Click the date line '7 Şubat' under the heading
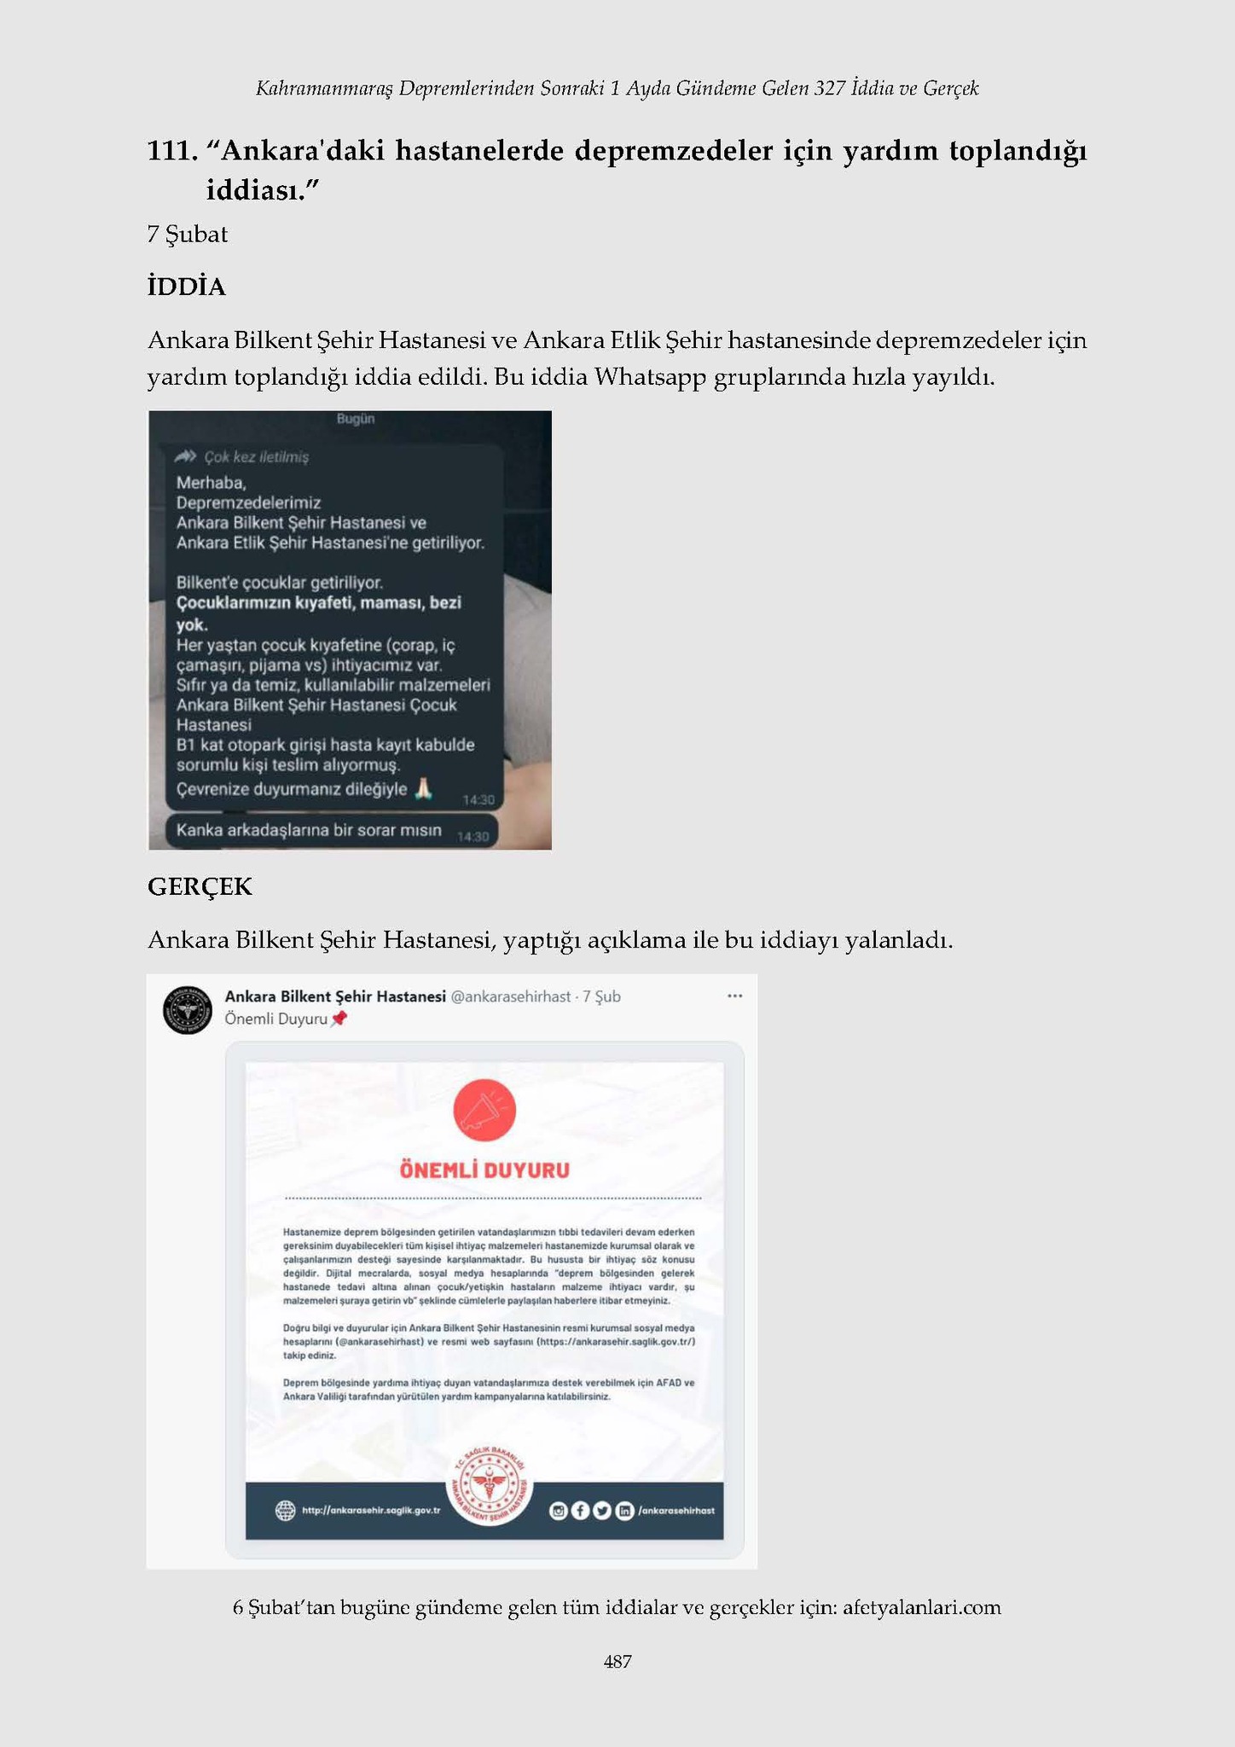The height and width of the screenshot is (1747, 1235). tap(187, 235)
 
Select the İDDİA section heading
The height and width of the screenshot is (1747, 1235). tap(187, 287)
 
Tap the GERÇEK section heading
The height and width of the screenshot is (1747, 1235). tap(200, 887)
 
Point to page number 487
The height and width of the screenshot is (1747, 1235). tap(617, 1662)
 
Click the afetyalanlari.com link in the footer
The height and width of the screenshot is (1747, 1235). tap(921, 1608)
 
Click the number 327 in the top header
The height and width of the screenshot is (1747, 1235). tap(829, 88)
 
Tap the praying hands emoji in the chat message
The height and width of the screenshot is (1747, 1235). tap(423, 789)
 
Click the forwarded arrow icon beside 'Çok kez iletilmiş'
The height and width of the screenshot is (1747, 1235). tap(185, 457)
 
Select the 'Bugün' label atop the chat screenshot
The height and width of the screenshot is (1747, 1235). tap(356, 419)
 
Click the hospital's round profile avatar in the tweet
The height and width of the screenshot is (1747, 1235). tap(188, 1010)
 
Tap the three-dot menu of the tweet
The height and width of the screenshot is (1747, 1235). tap(734, 996)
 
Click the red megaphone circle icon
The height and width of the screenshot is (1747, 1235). tap(484, 1111)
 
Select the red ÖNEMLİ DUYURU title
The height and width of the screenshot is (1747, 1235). tap(484, 1170)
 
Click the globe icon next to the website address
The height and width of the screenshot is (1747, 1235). tap(285, 1511)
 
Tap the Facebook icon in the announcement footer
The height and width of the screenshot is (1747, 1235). tap(580, 1512)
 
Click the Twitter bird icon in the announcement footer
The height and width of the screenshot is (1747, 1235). tap(602, 1512)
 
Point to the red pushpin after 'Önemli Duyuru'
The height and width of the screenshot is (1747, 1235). tap(339, 1019)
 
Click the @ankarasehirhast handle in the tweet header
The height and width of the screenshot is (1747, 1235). tap(510, 996)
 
